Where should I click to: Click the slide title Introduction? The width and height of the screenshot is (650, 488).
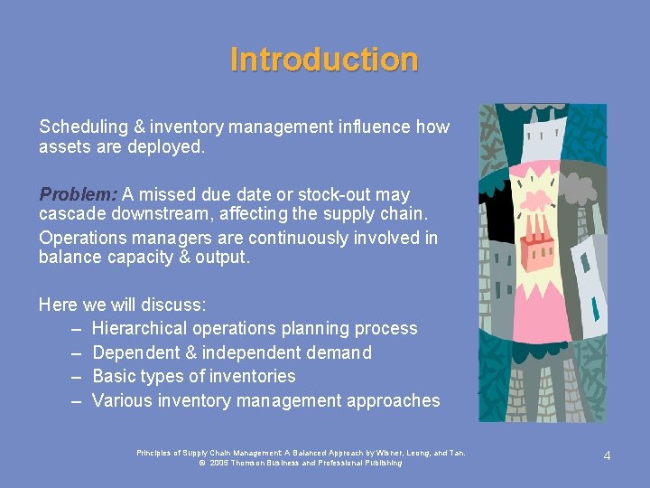(324, 60)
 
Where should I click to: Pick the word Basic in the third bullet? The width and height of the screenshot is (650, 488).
(114, 376)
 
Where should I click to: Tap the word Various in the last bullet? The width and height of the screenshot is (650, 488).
(122, 400)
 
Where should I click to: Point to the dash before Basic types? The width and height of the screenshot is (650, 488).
(77, 376)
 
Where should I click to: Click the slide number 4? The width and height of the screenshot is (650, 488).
(607, 455)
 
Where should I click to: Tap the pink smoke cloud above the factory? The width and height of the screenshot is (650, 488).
(542, 200)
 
